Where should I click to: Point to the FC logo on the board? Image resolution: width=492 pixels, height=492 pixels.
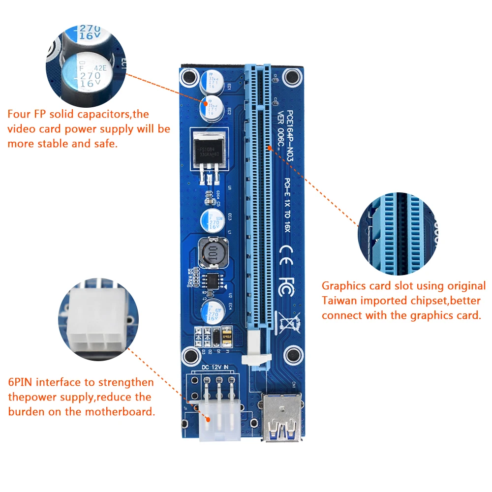tap(285, 286)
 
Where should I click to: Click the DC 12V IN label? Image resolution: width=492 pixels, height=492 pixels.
tap(215, 366)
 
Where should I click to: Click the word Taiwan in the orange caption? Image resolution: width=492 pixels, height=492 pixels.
tap(339, 301)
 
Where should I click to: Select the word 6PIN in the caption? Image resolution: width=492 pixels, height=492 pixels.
tap(20, 382)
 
